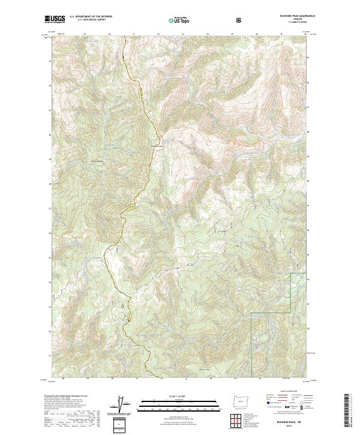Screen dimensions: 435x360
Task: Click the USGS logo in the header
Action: [55, 20]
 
